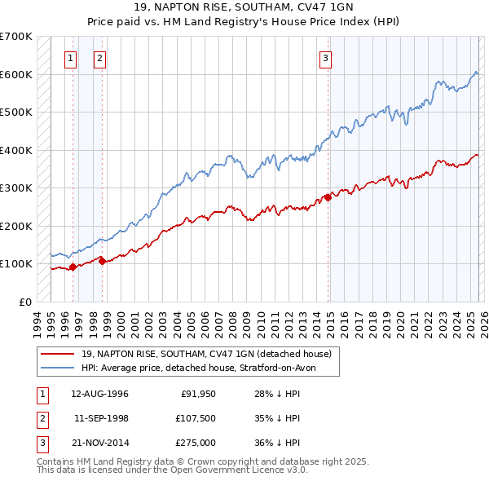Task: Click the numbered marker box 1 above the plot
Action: [x=71, y=58]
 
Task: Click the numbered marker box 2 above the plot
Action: [x=99, y=58]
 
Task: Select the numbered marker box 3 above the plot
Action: [x=325, y=58]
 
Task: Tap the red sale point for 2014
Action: [x=328, y=196]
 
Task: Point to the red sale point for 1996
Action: [x=73, y=267]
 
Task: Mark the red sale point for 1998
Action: [x=102, y=261]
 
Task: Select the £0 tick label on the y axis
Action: [x=24, y=302]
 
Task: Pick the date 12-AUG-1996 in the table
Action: [x=99, y=394]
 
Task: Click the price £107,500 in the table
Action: [x=197, y=418]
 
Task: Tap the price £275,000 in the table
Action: [x=197, y=443]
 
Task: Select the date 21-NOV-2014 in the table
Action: [x=99, y=443]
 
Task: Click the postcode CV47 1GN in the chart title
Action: [x=316, y=8]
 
